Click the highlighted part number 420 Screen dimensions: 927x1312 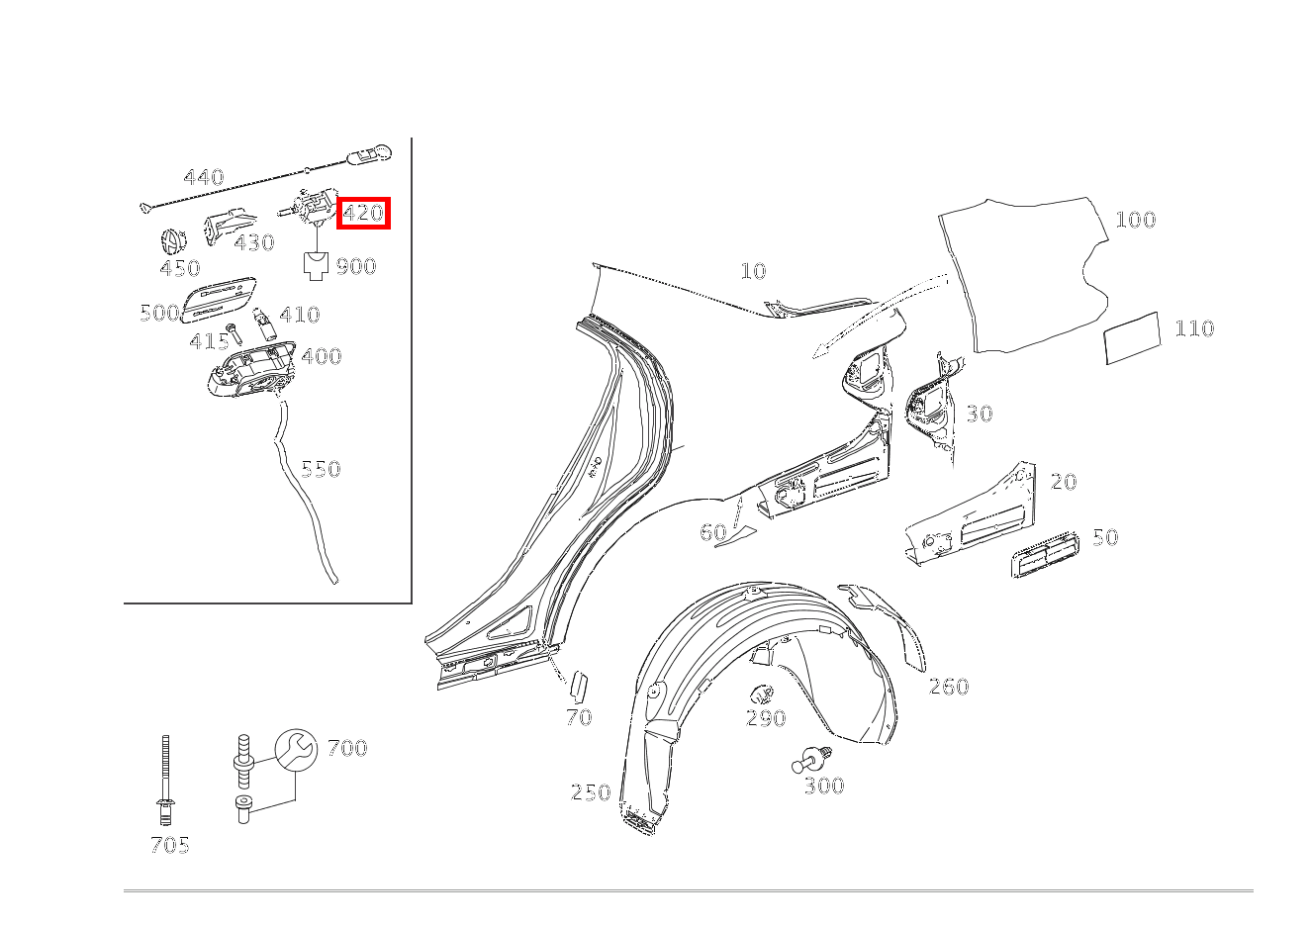363,213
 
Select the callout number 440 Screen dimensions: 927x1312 203,178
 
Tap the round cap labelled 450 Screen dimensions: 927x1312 174,240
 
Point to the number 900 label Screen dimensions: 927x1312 355,266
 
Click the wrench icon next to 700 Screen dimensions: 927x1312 295,749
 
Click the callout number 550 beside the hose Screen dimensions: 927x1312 321,469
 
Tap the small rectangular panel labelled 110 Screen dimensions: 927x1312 1132,338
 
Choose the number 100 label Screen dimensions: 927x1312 1135,220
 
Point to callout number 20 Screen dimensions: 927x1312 1063,482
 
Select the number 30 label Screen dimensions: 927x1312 979,414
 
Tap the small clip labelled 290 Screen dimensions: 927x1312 761,694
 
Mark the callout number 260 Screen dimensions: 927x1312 948,687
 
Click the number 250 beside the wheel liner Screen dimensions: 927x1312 590,792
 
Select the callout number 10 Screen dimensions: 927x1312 753,271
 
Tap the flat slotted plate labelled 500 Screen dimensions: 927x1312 220,299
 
